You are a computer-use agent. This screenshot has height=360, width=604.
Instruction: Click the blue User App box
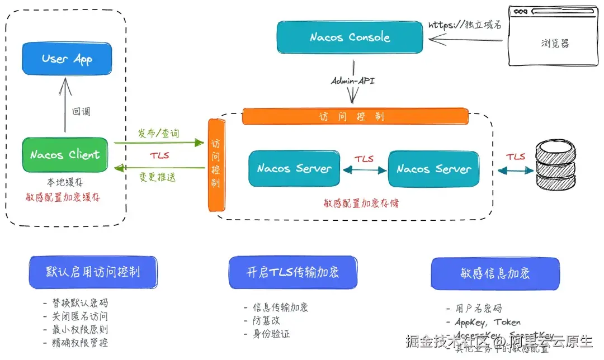(x=67, y=59)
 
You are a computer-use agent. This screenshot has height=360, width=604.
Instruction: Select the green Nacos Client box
(x=65, y=154)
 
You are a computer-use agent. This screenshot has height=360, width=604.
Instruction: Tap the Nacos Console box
(x=350, y=37)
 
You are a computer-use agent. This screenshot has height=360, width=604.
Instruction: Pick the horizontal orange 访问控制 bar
(x=355, y=116)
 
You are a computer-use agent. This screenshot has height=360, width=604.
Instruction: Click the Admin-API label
(x=353, y=81)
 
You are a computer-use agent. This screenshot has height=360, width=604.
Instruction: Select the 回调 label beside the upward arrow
(x=81, y=111)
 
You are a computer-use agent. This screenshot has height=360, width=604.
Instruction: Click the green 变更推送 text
(x=158, y=178)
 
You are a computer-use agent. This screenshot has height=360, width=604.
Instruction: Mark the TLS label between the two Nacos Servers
(x=364, y=159)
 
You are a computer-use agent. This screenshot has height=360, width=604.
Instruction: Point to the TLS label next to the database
(x=516, y=157)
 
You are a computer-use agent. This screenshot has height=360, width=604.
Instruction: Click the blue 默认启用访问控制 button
(x=93, y=272)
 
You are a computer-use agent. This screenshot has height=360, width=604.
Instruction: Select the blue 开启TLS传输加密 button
(x=293, y=272)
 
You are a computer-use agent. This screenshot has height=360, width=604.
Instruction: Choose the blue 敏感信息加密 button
(x=495, y=273)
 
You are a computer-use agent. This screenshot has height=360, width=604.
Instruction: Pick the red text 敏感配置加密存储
(x=362, y=203)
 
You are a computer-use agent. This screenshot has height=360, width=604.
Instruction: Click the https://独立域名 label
(x=465, y=25)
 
